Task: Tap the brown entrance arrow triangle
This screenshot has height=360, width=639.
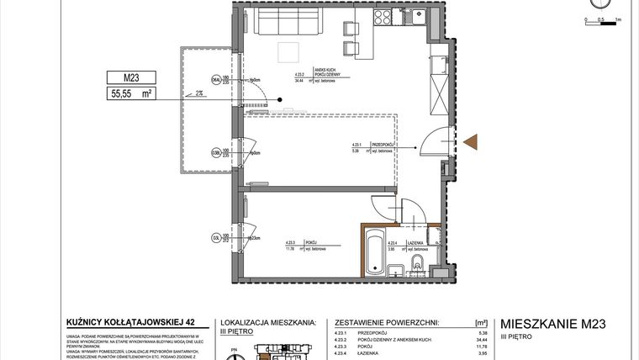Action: pyautogui.click(x=470, y=142)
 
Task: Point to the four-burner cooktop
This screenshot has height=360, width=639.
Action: pyautogui.click(x=383, y=17)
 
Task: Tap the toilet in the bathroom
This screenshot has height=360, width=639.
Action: pyautogui.click(x=418, y=267)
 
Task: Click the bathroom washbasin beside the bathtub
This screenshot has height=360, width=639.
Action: pyautogui.click(x=396, y=270)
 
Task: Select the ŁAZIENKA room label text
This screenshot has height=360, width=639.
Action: pyautogui.click(x=419, y=242)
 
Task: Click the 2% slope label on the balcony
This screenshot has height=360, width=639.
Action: pyautogui.click(x=198, y=94)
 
